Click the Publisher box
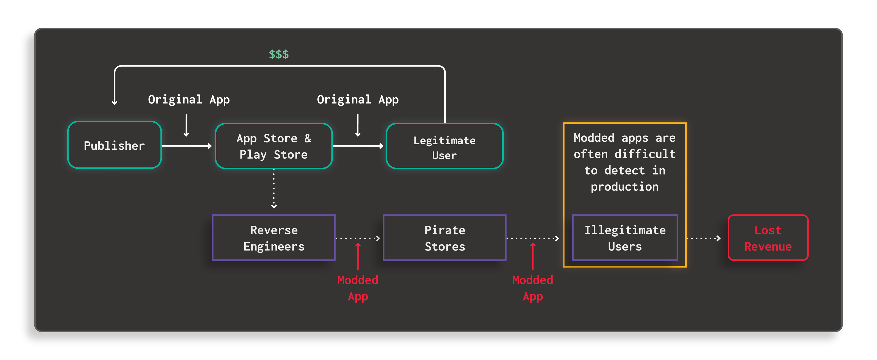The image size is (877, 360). coord(114,145)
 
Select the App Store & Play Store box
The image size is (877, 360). coord(273,146)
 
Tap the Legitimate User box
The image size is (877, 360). coord(444,147)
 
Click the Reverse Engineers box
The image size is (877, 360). coord(274,238)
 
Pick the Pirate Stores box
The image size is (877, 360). coord(444,238)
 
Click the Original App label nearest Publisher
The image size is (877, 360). coord(189,99)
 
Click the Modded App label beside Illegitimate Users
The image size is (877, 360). coord(533,288)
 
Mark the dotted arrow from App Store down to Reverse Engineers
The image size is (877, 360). coord(274,189)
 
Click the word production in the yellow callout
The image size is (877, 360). coord(624,186)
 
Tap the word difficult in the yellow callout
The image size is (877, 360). coord(645,154)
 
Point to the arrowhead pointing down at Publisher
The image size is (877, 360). coord(115,102)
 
